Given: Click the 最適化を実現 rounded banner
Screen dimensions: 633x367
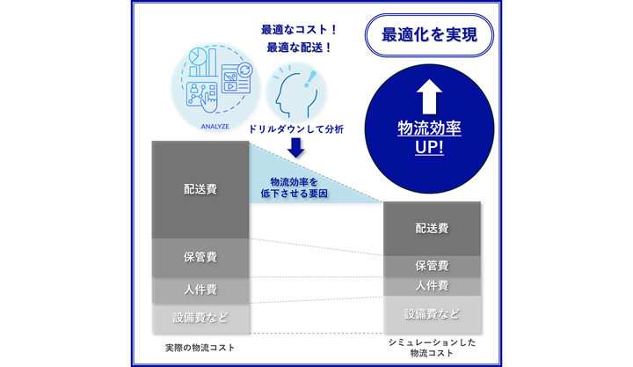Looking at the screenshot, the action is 429,35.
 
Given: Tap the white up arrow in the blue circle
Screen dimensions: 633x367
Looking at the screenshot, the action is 429,97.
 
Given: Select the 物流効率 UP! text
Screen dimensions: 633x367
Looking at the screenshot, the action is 429,138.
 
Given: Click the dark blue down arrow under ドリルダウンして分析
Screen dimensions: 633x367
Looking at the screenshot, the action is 296,148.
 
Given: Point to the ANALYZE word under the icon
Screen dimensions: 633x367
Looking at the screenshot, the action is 215,127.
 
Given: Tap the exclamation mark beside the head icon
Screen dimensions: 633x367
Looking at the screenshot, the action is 309,79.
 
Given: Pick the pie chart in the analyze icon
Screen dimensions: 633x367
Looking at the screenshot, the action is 198,56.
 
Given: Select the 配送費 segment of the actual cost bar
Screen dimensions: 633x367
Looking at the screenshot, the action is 200,189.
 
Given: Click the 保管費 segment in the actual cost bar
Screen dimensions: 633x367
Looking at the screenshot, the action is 200,258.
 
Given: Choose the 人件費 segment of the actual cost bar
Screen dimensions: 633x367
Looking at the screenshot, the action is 200,290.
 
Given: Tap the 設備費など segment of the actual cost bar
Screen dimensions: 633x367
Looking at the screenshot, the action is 200,318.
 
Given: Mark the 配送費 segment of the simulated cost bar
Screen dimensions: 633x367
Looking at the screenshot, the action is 432,229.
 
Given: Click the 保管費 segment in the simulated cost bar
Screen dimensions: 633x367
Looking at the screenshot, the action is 432,267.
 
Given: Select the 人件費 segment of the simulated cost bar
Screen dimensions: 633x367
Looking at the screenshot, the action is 432,287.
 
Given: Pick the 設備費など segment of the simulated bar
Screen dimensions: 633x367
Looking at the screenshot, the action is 432,314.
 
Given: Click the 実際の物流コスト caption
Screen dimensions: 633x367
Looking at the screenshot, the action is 200,348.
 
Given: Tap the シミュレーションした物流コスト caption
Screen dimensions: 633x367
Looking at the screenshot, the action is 432,348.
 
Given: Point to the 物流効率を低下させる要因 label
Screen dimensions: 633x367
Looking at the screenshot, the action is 294,188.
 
